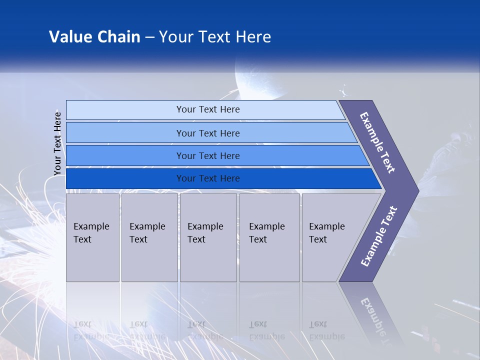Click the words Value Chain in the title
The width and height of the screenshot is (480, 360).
94,37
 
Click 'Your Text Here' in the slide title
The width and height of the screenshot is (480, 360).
214,37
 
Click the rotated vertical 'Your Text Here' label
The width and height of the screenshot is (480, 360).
57,143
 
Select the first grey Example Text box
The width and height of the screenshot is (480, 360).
92,237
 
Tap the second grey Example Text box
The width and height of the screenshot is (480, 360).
149,237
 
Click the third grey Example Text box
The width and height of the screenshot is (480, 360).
208,237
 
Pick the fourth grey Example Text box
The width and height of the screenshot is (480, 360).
269,237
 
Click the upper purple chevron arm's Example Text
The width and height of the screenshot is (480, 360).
377,142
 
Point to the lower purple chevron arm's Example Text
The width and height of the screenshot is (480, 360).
378,236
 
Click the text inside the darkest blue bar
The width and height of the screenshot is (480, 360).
208,178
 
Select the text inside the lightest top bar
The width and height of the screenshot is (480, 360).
208,109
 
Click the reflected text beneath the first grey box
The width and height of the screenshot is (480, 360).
91,330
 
